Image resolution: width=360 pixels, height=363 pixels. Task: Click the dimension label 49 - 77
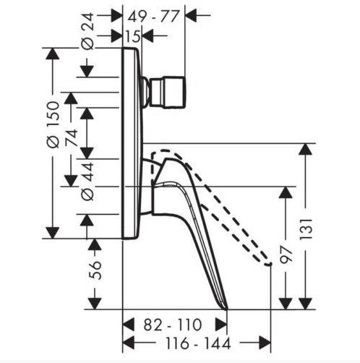click(153, 17)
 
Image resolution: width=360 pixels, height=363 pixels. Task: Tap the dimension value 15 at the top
click(133, 37)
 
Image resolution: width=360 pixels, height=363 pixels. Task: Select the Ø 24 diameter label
click(87, 31)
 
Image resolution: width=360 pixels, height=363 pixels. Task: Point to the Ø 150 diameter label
click(53, 124)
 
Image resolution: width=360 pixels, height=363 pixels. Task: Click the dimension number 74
click(72, 137)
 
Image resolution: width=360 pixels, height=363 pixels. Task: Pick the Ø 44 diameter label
click(87, 181)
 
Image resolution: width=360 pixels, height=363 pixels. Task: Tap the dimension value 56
click(95, 270)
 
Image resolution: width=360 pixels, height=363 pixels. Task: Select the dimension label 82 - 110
click(173, 325)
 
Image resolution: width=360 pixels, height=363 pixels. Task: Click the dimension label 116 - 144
click(198, 343)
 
